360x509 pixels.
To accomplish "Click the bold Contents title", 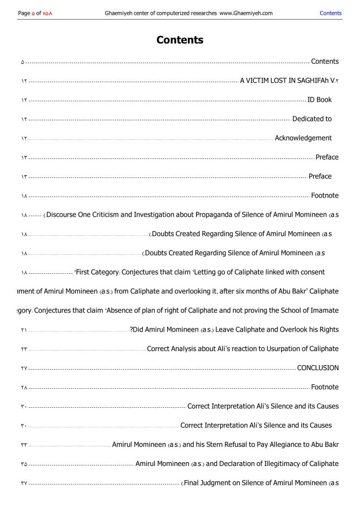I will (x=180, y=40).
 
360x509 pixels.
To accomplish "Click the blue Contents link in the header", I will (x=331, y=13).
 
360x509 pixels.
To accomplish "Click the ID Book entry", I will (x=319, y=100).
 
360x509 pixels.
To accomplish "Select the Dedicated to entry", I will (x=312, y=119).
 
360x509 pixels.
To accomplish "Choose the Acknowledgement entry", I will (x=303, y=138).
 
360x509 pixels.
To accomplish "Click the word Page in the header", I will (x=24, y=13).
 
